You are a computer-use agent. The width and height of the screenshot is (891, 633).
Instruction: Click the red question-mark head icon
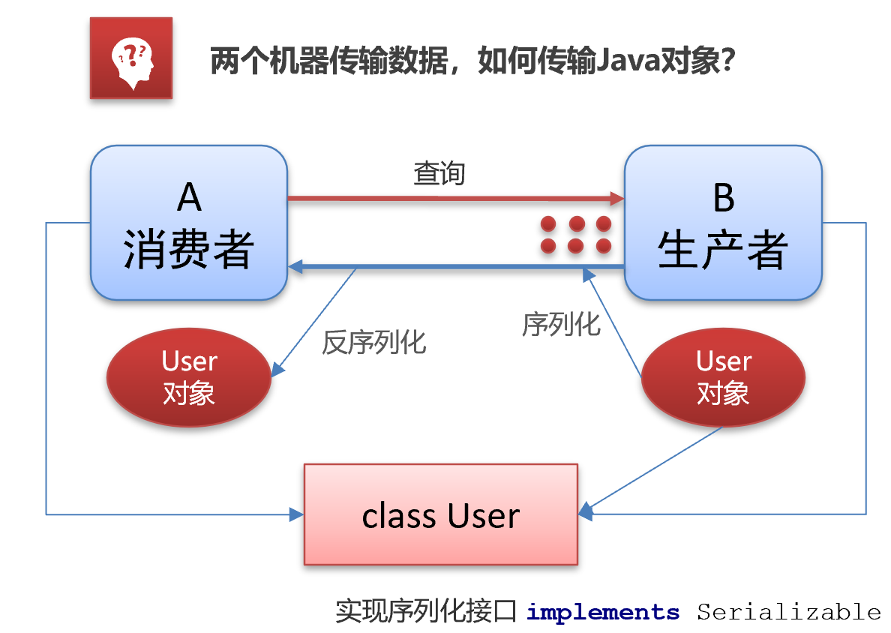click(131, 58)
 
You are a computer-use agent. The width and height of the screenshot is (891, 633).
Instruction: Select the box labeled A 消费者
click(189, 223)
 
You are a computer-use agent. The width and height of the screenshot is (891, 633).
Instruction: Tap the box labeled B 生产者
click(723, 223)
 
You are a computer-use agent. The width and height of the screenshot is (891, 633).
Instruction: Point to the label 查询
click(439, 174)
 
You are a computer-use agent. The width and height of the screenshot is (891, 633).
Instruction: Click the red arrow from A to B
click(450, 199)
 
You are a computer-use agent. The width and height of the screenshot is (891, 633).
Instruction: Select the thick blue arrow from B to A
click(450, 266)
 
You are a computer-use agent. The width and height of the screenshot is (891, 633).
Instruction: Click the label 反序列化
click(374, 342)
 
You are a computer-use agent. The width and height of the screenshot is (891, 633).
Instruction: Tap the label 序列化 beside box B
click(561, 324)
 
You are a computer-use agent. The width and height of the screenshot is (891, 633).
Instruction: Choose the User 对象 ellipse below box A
click(189, 376)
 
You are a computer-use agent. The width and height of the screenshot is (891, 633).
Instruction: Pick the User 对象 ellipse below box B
click(723, 376)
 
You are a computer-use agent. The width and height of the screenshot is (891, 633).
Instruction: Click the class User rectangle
click(441, 514)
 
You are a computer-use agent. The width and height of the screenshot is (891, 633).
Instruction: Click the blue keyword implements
click(603, 612)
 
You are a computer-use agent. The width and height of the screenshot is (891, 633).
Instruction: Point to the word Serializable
click(788, 612)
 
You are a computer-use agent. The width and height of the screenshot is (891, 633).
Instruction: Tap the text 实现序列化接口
click(425, 612)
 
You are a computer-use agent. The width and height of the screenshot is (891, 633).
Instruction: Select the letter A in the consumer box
click(189, 198)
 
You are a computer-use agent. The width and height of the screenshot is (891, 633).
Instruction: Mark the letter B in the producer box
click(723, 198)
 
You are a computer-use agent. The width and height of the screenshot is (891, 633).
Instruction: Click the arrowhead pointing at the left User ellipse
click(277, 370)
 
